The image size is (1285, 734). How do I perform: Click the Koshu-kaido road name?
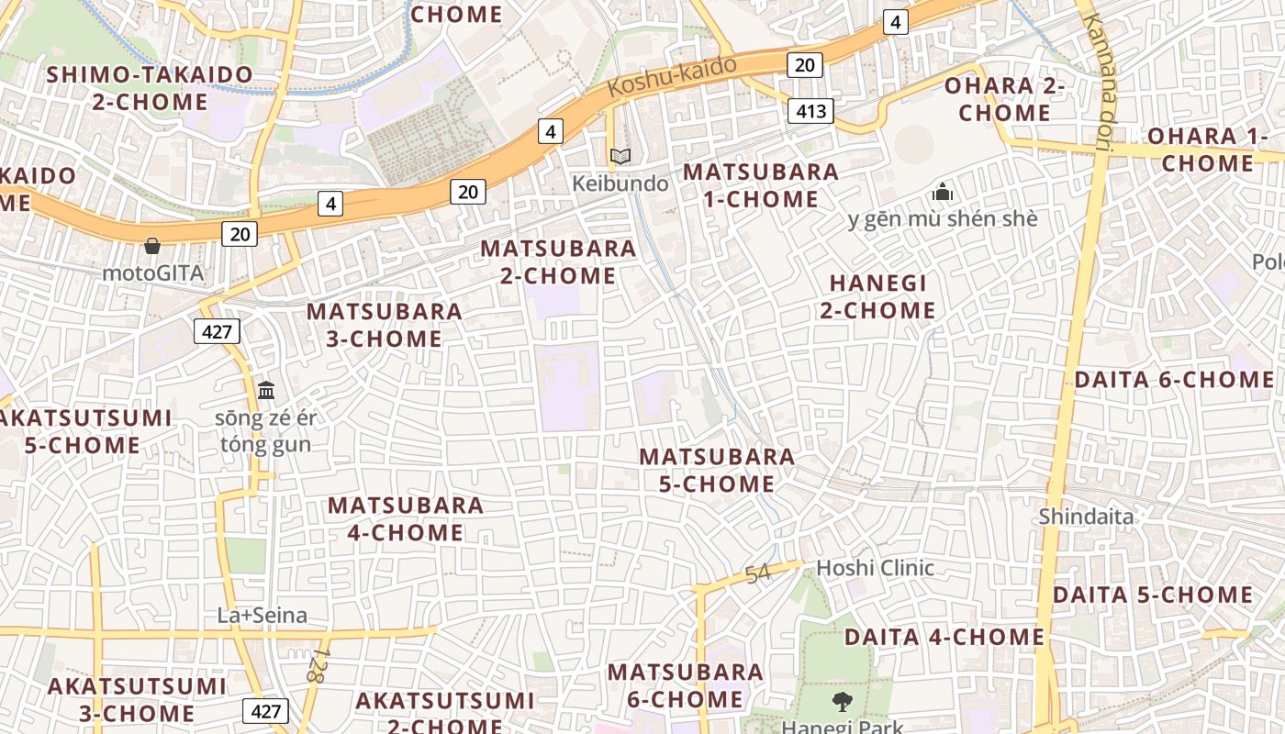tap(672, 77)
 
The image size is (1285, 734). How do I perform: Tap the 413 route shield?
tap(810, 112)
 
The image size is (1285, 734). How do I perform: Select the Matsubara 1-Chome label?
tap(761, 185)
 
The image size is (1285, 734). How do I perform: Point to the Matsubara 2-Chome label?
tap(558, 261)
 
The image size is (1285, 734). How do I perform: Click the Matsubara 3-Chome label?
tap(385, 325)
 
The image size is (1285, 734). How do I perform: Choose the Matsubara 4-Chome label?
tap(406, 518)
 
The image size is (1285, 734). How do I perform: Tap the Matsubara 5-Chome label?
tap(717, 470)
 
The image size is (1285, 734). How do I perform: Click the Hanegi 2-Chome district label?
tap(877, 296)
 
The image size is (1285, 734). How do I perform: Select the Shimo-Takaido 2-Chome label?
tap(150, 88)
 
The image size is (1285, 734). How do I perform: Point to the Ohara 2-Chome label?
tap(1004, 99)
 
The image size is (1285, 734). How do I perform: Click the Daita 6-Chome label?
tap(1173, 380)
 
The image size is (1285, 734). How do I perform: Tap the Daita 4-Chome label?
tap(944, 637)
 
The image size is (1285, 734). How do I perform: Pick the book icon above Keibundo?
tap(620, 157)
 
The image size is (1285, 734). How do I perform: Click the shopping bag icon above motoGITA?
tap(152, 246)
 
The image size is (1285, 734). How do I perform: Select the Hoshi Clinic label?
tap(875, 568)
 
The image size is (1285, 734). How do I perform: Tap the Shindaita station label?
tap(1086, 517)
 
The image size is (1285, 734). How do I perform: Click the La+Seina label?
tap(262, 615)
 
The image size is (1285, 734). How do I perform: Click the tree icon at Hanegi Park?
tap(842, 703)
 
